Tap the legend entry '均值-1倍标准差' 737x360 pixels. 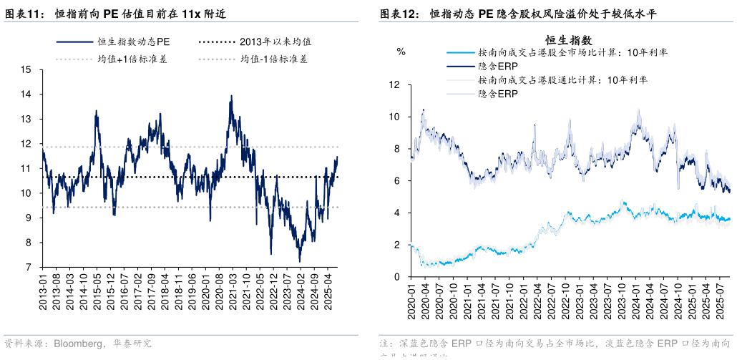click(x=275, y=59)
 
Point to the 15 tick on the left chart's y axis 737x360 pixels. click(x=27, y=69)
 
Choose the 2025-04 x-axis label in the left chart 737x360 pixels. click(x=328, y=289)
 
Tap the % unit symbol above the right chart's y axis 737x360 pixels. click(x=401, y=52)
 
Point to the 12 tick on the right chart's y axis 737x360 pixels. click(x=394, y=84)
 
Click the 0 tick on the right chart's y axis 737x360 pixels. click(x=396, y=277)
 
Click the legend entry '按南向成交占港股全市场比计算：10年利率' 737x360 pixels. click(x=573, y=53)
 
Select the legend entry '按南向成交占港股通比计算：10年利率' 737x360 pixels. click(x=563, y=80)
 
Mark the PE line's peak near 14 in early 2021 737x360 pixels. click(x=231, y=96)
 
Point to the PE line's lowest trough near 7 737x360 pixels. click(x=301, y=261)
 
